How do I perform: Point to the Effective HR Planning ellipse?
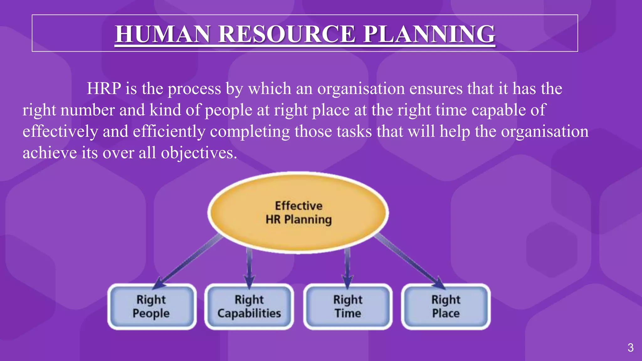(x=298, y=213)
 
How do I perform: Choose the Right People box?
(x=152, y=306)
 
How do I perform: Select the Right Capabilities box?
(x=249, y=306)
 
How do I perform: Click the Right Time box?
(x=348, y=306)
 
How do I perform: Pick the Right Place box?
(x=446, y=306)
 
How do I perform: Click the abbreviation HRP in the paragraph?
(x=104, y=89)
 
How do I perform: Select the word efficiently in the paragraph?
(x=169, y=132)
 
